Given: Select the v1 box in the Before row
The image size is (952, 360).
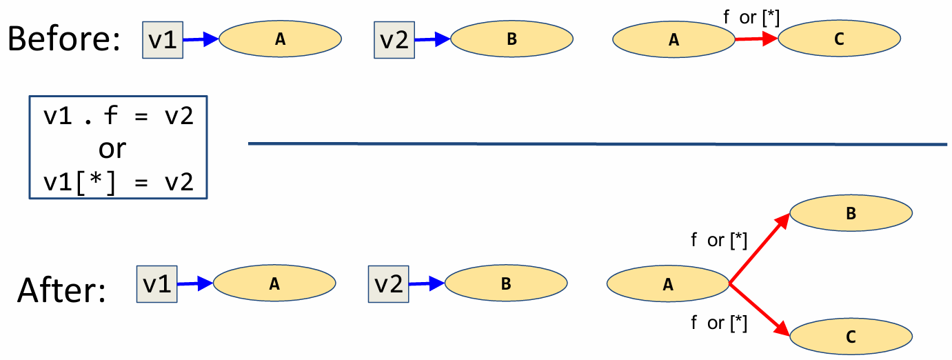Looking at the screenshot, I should pos(163,40).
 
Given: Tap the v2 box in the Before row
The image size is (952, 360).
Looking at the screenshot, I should pos(394,40).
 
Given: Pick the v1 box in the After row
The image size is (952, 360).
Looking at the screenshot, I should pos(157,284).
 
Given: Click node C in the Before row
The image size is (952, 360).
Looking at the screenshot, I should pos(838,39).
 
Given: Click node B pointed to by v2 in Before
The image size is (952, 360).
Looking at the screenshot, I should pos(512,39).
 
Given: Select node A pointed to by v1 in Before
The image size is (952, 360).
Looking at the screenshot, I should pos(280,39).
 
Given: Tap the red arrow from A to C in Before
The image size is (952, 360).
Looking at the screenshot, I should pos(756,40).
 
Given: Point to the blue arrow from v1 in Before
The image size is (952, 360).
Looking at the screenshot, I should pos(200,40).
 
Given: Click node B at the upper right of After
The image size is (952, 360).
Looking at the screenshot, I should pos(851,214).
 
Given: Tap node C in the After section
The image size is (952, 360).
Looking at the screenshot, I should pos(851,337).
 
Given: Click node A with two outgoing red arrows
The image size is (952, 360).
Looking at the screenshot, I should pos(667,284).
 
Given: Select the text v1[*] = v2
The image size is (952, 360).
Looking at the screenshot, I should pos(118,181).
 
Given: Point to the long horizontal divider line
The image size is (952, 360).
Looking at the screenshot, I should pos(597,144).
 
